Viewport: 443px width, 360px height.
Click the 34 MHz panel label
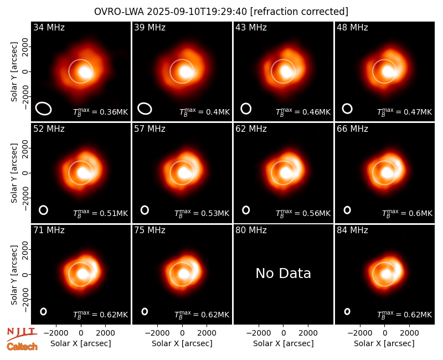[x=49, y=27]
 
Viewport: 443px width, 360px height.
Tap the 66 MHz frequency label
[x=352, y=129]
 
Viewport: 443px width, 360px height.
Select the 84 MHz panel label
[x=352, y=230]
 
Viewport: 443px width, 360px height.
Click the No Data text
[x=284, y=273]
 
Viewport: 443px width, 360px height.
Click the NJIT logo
[x=22, y=333]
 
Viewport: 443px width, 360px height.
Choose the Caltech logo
[x=22, y=347]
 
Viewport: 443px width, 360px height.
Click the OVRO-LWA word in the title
[x=119, y=12]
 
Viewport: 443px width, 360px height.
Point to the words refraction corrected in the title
[x=299, y=12]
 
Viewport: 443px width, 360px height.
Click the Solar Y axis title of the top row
[x=14, y=72]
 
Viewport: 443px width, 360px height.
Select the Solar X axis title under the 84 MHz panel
[x=384, y=343]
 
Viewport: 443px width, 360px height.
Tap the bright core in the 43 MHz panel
[x=286, y=71]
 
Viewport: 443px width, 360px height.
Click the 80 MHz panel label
[x=251, y=230]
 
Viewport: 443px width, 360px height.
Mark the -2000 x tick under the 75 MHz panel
[x=157, y=333]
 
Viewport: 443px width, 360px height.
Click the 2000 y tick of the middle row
[x=25, y=148]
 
